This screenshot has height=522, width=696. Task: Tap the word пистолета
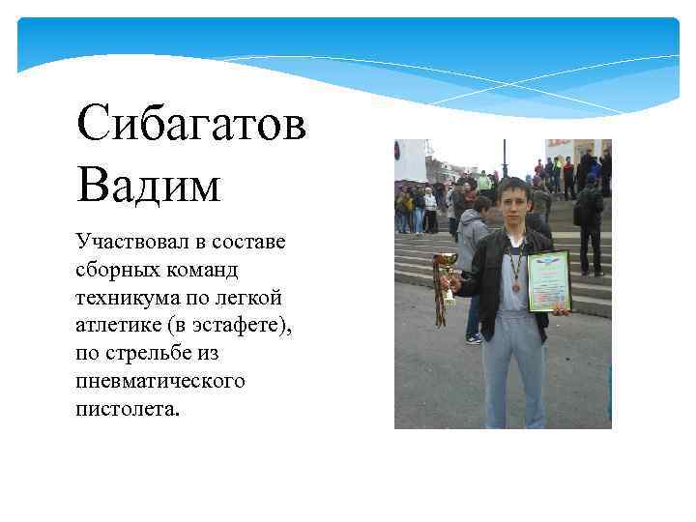126,408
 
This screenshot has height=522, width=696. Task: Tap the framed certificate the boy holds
549,280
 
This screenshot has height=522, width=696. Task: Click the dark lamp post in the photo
504,159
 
